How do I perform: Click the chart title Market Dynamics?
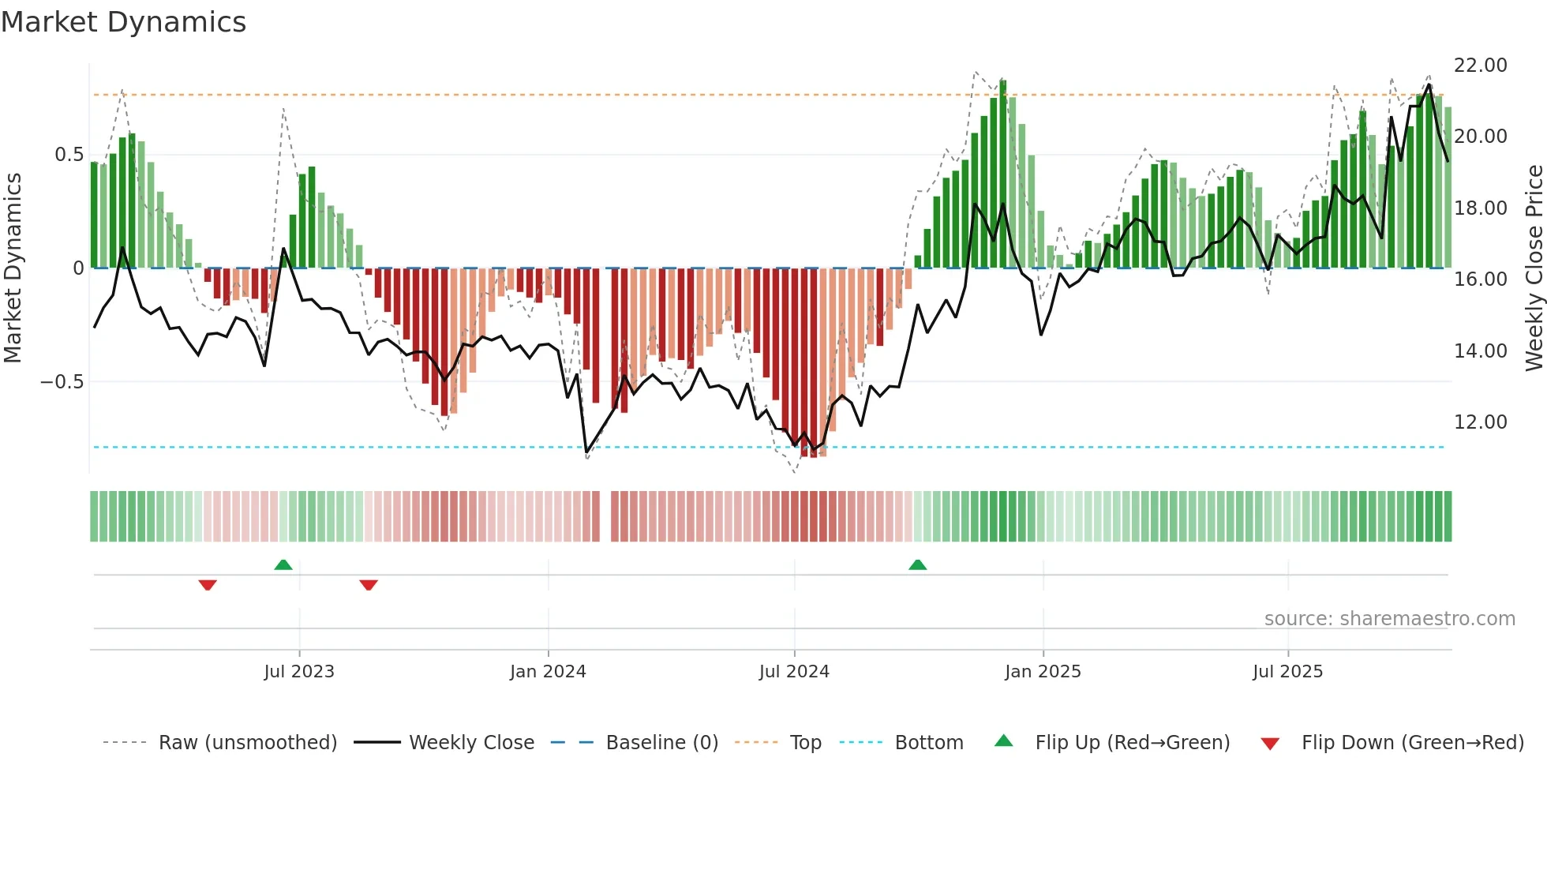tap(123, 22)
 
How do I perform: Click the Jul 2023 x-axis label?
tap(299, 672)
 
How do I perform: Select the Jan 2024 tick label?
tap(548, 672)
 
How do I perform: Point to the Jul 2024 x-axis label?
tap(794, 672)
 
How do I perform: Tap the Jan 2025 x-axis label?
tap(1043, 672)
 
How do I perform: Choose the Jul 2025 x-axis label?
tap(1287, 672)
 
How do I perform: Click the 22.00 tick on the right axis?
tap(1480, 66)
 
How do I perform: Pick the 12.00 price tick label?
tap(1480, 422)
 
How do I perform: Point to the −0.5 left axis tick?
tap(62, 382)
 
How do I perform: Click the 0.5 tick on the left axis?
tap(69, 155)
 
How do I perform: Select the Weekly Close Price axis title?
tap(1534, 268)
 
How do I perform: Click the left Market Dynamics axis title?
tap(13, 268)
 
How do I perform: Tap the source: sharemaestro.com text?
tap(1389, 619)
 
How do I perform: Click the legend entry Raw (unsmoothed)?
tap(247, 743)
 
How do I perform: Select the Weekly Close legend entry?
tap(471, 743)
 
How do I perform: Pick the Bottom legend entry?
tap(928, 743)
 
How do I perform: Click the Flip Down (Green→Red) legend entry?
tap(1412, 743)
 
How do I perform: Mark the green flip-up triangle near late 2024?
tap(917, 564)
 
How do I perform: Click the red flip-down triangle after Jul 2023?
tap(369, 585)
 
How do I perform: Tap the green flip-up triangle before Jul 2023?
tap(283, 564)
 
